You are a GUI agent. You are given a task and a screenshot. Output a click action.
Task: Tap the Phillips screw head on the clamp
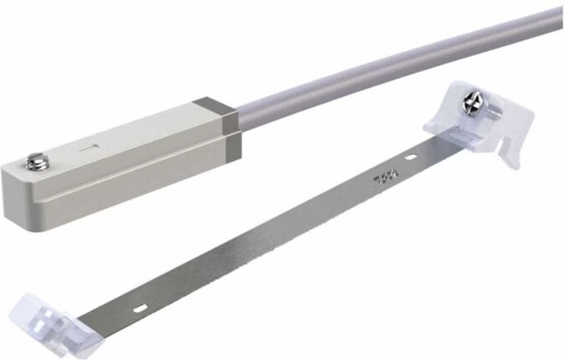pos(472,105)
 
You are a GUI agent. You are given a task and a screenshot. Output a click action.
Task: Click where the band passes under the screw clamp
pos(455,139)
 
